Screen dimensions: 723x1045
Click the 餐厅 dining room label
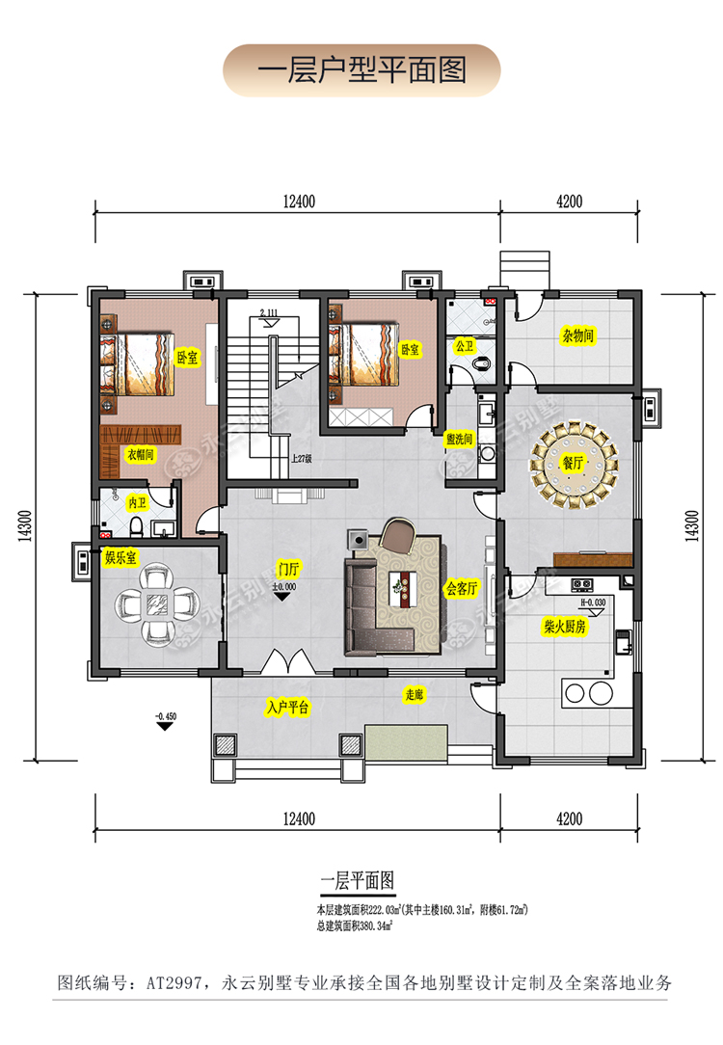573,463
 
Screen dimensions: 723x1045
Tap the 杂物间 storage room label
577,335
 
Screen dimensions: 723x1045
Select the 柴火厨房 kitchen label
565,626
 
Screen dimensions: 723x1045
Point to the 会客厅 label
462,588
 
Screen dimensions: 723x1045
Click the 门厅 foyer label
289,569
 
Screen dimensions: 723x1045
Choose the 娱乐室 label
120,557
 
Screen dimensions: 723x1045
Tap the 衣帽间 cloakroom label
141,454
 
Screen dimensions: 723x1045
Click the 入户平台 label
288,707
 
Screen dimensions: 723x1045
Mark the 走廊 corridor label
414,694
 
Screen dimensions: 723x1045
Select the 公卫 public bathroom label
465,346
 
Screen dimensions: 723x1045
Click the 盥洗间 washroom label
459,440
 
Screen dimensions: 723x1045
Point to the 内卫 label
137,502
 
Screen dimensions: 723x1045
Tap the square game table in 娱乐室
158,605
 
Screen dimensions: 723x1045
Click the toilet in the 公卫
480,363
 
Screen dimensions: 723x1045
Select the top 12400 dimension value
299,201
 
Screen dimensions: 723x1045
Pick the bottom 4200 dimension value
569,818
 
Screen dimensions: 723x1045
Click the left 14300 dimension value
25,525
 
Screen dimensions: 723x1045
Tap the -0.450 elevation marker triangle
165,726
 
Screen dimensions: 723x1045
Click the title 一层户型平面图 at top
361,70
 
